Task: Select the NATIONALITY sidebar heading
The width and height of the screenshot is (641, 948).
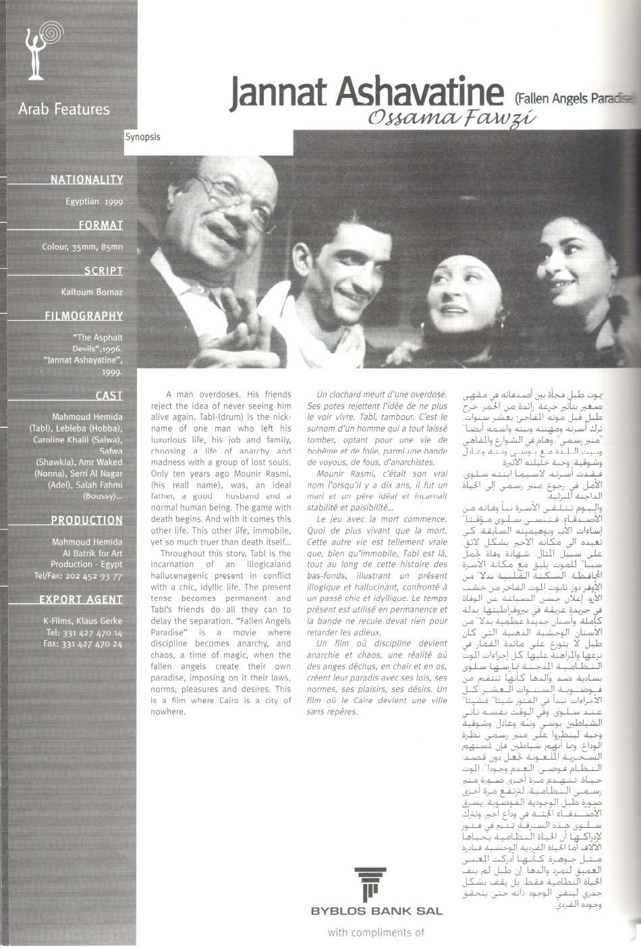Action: coord(86,180)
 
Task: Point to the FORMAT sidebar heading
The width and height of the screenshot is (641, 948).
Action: coord(101,225)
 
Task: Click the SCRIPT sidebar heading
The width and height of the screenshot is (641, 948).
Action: coord(103,271)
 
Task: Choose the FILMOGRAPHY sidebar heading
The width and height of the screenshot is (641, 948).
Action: coord(84,315)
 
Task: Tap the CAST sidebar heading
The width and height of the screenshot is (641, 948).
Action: coord(109,396)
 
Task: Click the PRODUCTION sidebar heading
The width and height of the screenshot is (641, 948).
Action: coord(87,521)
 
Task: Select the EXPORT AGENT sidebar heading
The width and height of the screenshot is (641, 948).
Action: coord(81,599)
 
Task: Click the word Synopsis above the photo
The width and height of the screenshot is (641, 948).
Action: coord(142,136)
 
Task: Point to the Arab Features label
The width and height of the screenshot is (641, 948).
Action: coord(63,109)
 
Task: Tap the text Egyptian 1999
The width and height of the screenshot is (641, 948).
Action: coord(94,201)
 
